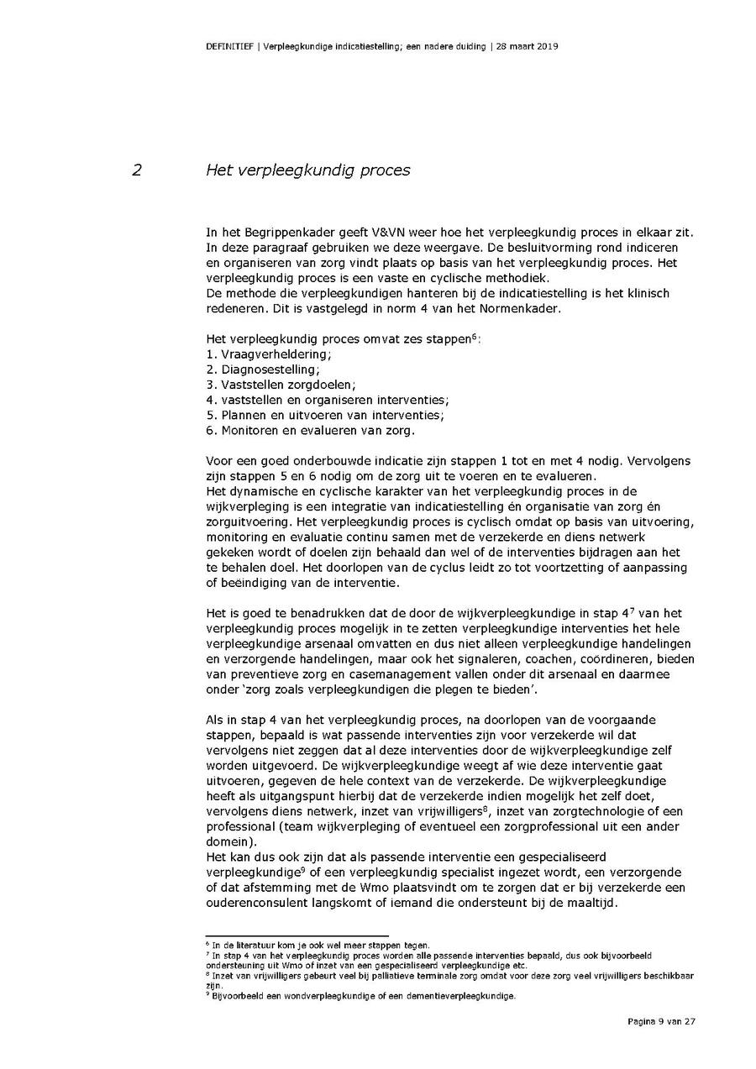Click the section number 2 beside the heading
point(136,170)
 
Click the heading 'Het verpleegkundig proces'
point(308,170)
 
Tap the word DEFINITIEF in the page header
point(229,46)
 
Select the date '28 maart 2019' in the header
point(525,46)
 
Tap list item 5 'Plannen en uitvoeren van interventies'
point(324,415)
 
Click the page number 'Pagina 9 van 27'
point(661,1021)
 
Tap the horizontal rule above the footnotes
point(297,935)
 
